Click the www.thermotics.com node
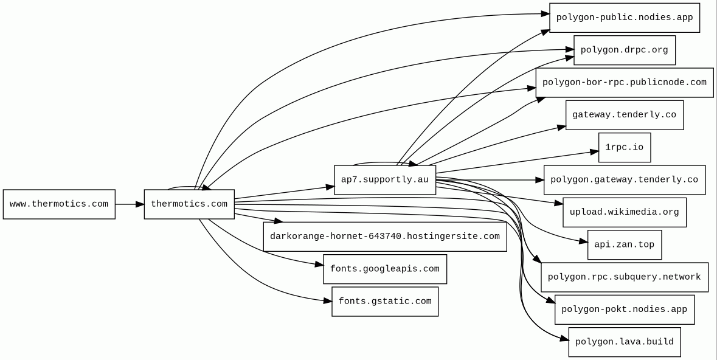(59, 204)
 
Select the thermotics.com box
(189, 204)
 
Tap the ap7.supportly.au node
(385, 180)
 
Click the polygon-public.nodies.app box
(625, 18)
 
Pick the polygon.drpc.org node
(625, 50)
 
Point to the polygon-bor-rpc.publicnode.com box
(625, 83)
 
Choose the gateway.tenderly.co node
(625, 115)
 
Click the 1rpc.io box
(625, 148)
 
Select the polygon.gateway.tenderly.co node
(625, 180)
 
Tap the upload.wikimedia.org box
(625, 212)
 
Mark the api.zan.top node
(625, 245)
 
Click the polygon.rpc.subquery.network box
(625, 277)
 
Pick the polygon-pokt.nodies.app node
(625, 310)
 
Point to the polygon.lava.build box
(625, 342)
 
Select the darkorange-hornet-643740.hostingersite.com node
(385, 237)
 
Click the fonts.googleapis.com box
(385, 269)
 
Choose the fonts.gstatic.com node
(385, 302)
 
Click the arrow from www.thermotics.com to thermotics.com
(129, 204)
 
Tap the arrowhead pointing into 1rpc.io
(594, 151)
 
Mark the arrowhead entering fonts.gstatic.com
(327, 300)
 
